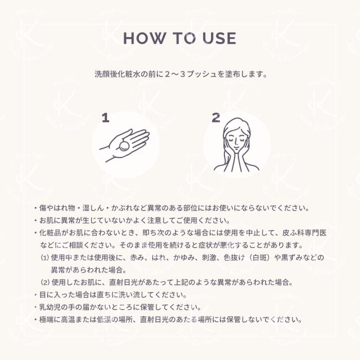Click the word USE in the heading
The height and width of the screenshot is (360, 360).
click(216, 38)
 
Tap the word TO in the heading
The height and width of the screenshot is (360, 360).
click(182, 38)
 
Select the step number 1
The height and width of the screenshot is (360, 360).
click(105, 118)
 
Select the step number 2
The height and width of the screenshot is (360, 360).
click(216, 118)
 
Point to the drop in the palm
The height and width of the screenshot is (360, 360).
click(124, 147)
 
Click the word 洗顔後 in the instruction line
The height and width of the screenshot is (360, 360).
click(107, 74)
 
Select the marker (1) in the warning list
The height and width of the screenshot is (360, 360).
click(46, 257)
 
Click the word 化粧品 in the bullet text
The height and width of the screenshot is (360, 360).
click(49, 232)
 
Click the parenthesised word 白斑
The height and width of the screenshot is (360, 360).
click(259, 257)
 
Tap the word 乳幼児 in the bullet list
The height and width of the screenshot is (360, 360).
click(49, 307)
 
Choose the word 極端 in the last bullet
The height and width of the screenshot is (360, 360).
click(45, 319)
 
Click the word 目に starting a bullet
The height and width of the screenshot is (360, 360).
click(44, 295)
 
